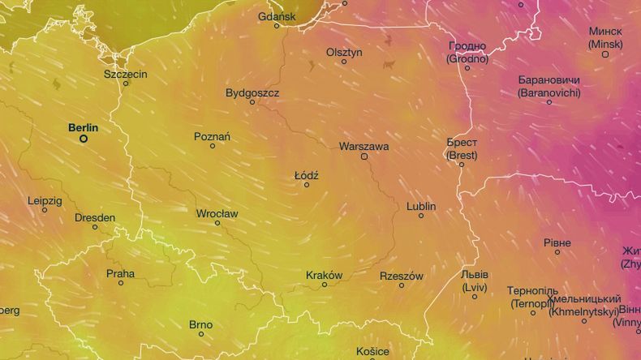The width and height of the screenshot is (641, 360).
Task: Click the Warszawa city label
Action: pyautogui.click(x=364, y=147)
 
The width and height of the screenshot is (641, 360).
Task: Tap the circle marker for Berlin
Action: pyautogui.click(x=83, y=139)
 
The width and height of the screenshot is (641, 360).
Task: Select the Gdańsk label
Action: pyautogui.click(x=277, y=16)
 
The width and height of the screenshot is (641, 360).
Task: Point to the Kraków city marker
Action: pyautogui.click(x=325, y=285)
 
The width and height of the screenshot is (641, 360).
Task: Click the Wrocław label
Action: pyautogui.click(x=217, y=213)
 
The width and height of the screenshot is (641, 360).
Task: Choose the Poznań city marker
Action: pyautogui.click(x=213, y=146)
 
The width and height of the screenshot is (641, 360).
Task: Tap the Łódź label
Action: pyautogui.click(x=306, y=175)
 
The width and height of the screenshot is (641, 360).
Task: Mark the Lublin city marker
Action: pyautogui.click(x=421, y=216)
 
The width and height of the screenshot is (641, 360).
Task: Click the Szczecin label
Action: pyautogui.click(x=126, y=74)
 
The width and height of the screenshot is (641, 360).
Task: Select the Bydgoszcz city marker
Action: pyautogui.click(x=252, y=102)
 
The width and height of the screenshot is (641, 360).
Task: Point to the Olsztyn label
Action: pyautogui.click(x=344, y=52)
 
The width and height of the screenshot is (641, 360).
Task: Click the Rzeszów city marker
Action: pyautogui.click(x=402, y=285)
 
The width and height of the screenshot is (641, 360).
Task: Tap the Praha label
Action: pyautogui.click(x=121, y=273)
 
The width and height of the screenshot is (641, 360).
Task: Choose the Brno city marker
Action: pyautogui.click(x=201, y=334)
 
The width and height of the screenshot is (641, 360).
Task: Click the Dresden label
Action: pyautogui.click(x=95, y=217)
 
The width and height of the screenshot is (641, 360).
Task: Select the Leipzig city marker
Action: pyautogui.click(x=45, y=210)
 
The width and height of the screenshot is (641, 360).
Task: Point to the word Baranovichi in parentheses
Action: pyautogui.click(x=549, y=93)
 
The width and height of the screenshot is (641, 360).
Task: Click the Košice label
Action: pyautogui.click(x=372, y=351)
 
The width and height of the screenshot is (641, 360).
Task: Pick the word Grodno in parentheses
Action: pyautogui.click(x=467, y=58)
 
